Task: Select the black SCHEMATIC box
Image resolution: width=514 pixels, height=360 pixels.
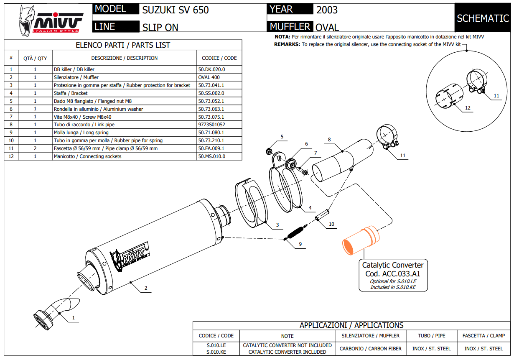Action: [483, 18]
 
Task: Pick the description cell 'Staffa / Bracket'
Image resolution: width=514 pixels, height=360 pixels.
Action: [71, 93]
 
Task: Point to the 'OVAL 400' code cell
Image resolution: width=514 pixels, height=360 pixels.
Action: [209, 77]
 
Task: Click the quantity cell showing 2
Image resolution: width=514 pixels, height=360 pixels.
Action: [35, 148]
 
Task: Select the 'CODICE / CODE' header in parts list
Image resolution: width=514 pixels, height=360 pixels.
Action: [219, 58]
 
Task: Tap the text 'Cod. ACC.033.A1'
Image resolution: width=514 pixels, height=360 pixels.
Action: [392, 273]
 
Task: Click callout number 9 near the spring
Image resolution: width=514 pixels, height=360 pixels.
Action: [300, 244]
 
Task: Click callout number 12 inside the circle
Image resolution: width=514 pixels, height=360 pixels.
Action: [468, 108]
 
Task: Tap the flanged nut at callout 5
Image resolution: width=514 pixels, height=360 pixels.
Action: [270, 151]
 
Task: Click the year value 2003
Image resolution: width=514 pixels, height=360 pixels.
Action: [327, 10]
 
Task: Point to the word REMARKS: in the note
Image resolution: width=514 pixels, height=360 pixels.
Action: [287, 44]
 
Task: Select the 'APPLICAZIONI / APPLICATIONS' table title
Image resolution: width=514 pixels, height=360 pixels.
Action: [351, 325]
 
